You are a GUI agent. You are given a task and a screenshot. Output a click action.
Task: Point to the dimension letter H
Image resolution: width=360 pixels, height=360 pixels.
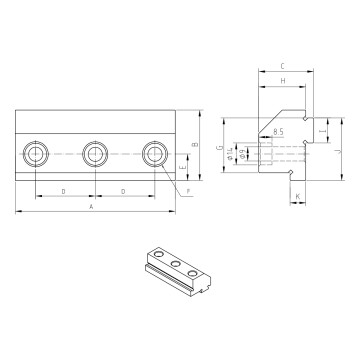(283, 80)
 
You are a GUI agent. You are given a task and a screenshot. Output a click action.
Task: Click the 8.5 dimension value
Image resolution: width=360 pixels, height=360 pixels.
(277, 132)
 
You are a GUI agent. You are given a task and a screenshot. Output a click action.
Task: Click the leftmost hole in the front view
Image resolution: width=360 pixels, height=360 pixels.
(36, 153)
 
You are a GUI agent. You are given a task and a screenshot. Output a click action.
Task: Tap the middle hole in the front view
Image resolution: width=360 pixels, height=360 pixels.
(95, 153)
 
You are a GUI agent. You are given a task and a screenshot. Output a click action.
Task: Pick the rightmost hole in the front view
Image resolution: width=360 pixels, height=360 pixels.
(153, 153)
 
